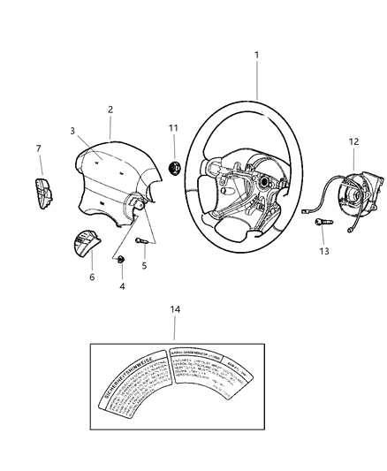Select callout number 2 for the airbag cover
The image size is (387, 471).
tap(110, 110)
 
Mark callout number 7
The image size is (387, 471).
tap(38, 148)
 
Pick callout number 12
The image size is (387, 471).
tap(353, 141)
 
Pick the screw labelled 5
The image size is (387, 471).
tap(142, 240)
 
